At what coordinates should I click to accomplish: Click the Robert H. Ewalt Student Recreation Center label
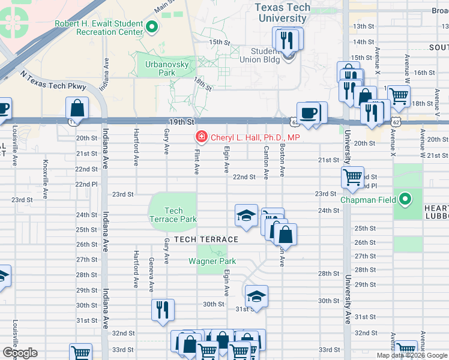pos(99,28)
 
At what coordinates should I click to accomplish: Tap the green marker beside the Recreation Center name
pos(152,26)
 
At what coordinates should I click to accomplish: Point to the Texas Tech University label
pos(283,13)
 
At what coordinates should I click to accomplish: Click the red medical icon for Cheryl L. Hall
pos(200,137)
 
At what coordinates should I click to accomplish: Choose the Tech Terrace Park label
pos(173,215)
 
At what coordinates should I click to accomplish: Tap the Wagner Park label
pos(212,261)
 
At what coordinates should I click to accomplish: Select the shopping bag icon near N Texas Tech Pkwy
pos(78,109)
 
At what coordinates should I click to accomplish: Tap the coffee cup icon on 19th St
pos(309,113)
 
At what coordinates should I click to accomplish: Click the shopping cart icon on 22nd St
pos(352,176)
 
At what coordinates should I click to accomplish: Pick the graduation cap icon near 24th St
pos(246,215)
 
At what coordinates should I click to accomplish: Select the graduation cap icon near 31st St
pos(256,296)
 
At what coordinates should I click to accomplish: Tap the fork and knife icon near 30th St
pos(163,310)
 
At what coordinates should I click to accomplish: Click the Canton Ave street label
pos(266,163)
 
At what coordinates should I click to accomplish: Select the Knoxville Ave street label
pos(46,172)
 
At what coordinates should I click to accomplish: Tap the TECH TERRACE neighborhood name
pos(206,239)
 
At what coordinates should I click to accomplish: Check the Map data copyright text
pos(412,355)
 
